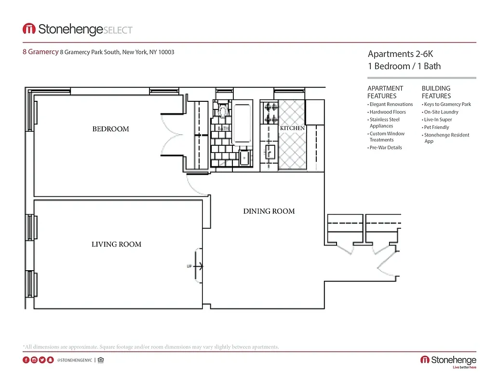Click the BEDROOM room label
111,129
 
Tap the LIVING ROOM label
116,244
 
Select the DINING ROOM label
269,211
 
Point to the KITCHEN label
292,128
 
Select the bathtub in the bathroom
241,123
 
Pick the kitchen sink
269,152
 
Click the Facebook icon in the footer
26,360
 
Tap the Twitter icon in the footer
42,360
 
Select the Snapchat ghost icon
50,360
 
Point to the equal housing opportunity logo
101,360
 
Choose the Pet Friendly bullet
436,127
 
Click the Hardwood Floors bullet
388,112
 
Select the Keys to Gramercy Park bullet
447,104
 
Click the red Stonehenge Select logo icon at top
29,29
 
